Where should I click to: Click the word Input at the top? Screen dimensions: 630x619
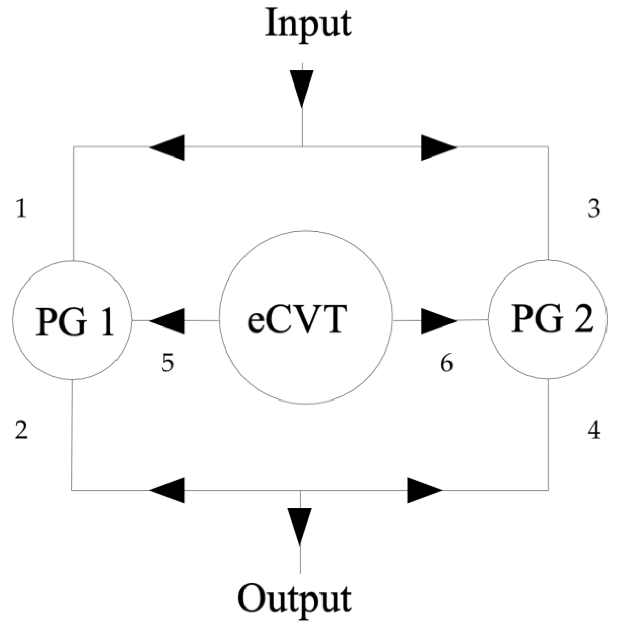click(308, 25)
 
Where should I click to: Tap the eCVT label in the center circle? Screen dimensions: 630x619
click(297, 319)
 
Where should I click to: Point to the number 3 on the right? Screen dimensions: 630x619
click(594, 209)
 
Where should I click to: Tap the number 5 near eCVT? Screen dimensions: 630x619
click(167, 363)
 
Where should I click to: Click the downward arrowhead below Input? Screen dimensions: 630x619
click(302, 88)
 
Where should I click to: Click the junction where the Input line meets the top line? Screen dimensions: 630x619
click(302, 147)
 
